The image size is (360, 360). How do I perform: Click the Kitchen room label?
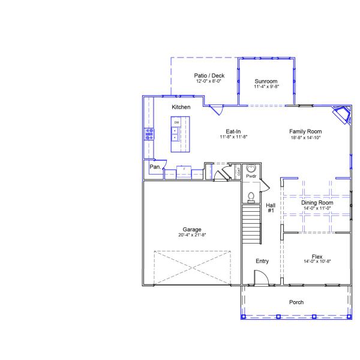181,107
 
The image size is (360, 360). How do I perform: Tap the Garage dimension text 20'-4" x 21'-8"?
192,235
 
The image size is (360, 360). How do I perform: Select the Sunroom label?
265,81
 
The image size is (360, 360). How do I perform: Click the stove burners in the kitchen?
149,134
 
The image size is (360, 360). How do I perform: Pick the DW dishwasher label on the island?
176,122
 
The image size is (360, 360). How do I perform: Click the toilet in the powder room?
251,196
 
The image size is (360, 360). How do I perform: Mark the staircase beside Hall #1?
251,223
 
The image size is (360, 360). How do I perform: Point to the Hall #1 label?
270,208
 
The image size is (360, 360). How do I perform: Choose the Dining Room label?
317,203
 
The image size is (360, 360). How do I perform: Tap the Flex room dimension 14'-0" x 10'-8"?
317,262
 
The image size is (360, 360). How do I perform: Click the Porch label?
296,302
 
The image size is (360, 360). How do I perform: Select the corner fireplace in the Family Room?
343,115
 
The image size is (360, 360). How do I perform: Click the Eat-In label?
233,131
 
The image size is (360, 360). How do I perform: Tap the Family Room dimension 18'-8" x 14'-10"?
305,137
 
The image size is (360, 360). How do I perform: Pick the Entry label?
262,261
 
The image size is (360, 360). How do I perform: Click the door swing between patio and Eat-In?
217,110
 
